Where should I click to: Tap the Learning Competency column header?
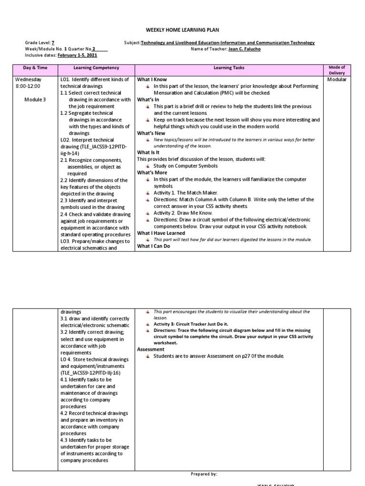[x=96, y=68]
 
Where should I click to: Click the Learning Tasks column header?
[x=229, y=68]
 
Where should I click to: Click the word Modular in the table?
[x=337, y=79]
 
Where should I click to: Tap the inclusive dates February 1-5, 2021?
[x=77, y=55]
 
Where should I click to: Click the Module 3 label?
[x=35, y=100]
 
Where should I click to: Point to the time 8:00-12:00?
[x=29, y=86]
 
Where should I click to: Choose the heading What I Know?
[x=152, y=80]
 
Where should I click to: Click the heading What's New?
[x=151, y=133]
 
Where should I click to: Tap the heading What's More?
[x=152, y=173]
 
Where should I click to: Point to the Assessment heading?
[x=150, y=349]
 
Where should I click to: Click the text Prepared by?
[x=203, y=474]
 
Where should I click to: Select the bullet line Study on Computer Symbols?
[x=185, y=166]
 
